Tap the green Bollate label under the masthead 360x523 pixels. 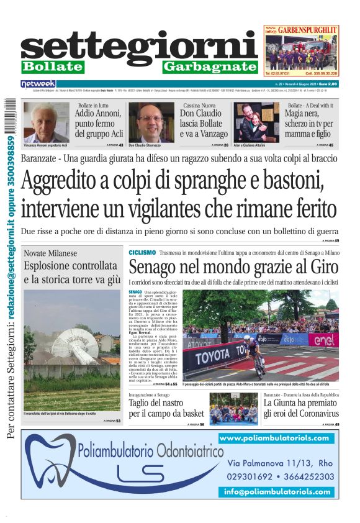coord(52,66)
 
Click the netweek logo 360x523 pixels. coord(38,83)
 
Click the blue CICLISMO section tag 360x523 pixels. coord(142,253)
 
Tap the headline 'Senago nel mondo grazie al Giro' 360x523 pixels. coord(233,268)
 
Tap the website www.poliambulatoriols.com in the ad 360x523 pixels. coord(274,439)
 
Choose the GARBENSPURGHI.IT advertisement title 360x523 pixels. coord(308,29)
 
